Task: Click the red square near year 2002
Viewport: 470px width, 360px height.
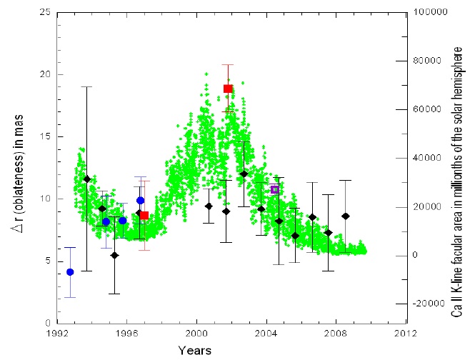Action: tap(228, 89)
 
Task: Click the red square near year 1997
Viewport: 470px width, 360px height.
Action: tap(144, 215)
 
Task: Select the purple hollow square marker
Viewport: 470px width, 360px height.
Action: tap(274, 189)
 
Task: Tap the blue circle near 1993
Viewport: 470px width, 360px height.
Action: tap(70, 272)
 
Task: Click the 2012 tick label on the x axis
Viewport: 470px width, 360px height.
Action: tap(405, 334)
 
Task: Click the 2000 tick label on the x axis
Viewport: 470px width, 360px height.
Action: tap(196, 334)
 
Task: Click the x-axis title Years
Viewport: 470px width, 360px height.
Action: tap(194, 350)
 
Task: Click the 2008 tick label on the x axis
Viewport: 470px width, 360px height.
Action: tap(335, 334)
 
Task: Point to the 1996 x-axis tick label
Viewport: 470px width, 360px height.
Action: tap(126, 334)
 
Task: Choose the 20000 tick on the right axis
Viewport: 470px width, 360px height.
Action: tap(426, 207)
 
